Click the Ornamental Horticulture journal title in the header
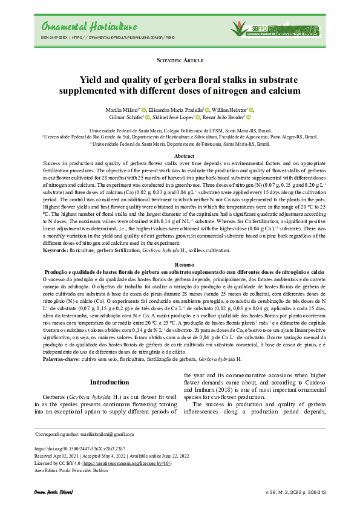pos(81,27)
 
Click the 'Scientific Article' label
pos(180,61)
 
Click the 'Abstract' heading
pos(180,156)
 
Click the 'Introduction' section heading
pos(109,382)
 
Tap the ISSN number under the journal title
pos(53,37)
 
